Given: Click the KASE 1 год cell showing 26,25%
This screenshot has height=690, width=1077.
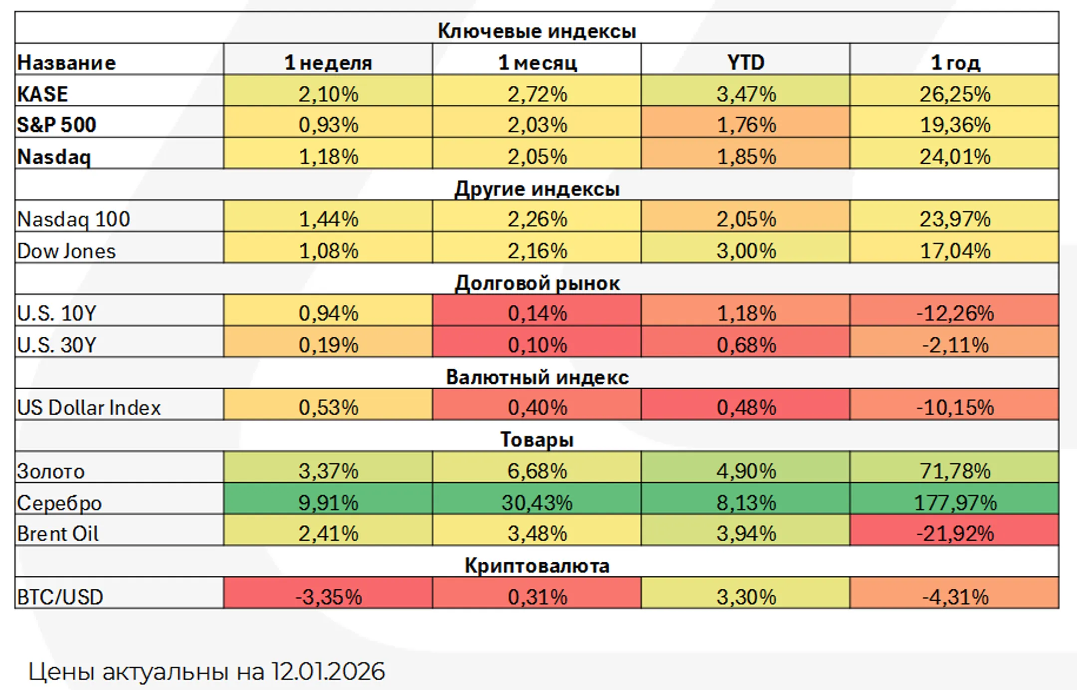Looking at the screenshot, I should pos(954,94).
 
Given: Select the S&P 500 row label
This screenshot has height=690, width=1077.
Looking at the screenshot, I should pos(56,125).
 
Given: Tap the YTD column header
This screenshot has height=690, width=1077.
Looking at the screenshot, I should pos(745,62).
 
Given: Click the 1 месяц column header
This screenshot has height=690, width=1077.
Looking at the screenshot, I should pos(537,62).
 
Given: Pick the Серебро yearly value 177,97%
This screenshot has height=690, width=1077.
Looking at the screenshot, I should pos(954,502).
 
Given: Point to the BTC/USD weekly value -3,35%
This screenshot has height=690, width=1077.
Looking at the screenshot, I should pos(328,596).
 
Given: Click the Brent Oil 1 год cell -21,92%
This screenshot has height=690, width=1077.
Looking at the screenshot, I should pos(954,533).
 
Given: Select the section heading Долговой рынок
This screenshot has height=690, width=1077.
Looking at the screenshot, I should pos(537,283).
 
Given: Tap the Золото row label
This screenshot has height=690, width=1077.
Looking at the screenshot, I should pos(51,471).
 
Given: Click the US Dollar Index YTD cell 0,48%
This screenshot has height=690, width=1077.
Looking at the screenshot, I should pos(745,407).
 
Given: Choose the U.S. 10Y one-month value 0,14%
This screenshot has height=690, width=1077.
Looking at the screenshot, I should pos(537,313).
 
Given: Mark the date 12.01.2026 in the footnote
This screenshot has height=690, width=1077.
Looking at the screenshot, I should pos(328,671).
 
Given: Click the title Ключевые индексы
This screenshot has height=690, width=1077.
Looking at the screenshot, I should pos(537,31).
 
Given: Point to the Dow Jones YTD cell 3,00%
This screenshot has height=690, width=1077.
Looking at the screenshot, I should pos(745,250).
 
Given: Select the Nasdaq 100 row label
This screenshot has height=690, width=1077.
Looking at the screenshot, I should pos(73,219).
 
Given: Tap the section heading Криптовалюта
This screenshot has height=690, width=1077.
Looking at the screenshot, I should pos(537,565).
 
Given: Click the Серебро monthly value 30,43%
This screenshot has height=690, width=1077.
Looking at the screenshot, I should pos(537,502).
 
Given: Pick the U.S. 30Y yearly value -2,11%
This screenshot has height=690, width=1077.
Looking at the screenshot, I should pos(954,345).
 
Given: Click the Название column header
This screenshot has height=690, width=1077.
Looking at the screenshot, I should pos(66,62).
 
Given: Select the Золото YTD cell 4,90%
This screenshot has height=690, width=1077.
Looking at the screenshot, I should pos(745,470).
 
